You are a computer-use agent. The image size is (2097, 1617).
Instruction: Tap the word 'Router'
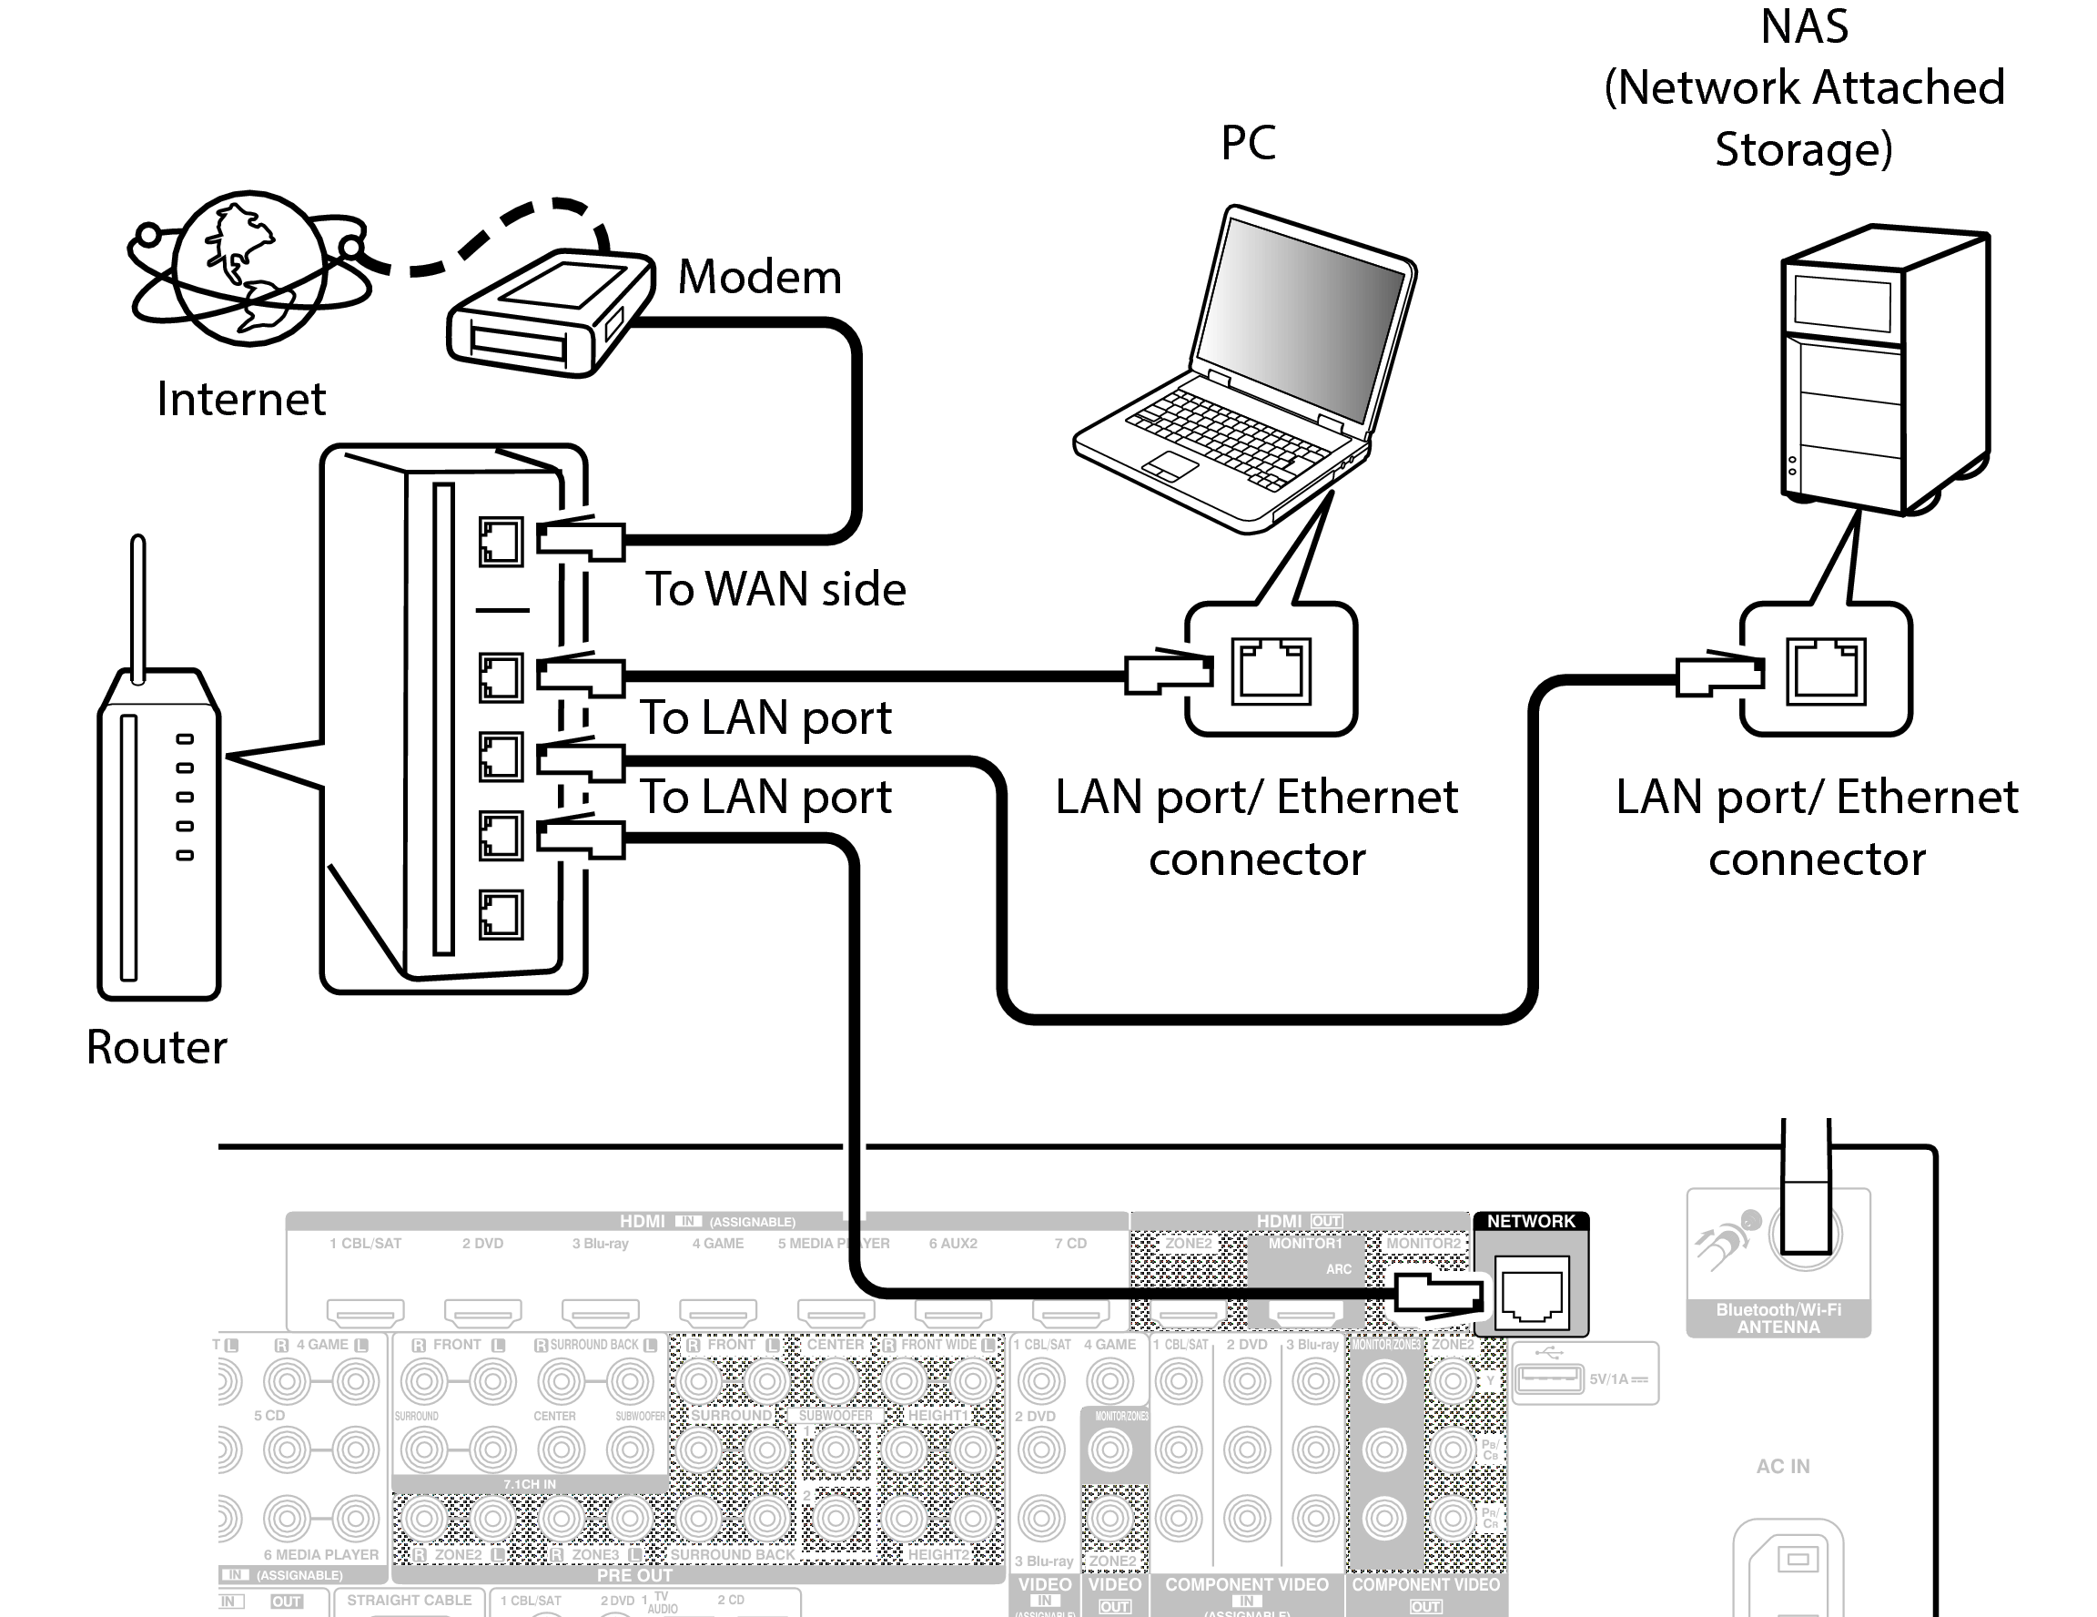click(x=157, y=1047)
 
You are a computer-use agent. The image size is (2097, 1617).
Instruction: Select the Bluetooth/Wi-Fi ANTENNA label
click(x=1778, y=1318)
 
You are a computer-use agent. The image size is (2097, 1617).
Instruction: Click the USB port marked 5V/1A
click(x=1548, y=1378)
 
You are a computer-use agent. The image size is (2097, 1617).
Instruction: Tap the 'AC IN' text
click(x=1782, y=1466)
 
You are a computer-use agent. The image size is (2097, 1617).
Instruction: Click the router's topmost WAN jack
click(x=501, y=542)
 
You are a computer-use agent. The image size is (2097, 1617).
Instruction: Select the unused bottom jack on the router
click(x=501, y=914)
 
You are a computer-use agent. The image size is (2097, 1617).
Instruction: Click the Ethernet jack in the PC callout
click(x=1271, y=671)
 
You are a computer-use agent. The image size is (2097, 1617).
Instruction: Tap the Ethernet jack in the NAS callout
click(x=1825, y=671)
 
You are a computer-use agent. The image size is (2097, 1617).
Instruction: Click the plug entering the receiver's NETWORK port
click(x=1436, y=1293)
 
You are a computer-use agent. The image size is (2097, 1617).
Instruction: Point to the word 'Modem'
click(x=758, y=277)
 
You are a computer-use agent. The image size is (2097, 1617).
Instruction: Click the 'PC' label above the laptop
click(x=1248, y=143)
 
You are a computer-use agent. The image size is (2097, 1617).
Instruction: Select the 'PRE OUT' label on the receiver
click(x=633, y=1576)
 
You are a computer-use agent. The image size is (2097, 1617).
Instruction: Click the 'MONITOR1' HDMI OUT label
click(x=1305, y=1244)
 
